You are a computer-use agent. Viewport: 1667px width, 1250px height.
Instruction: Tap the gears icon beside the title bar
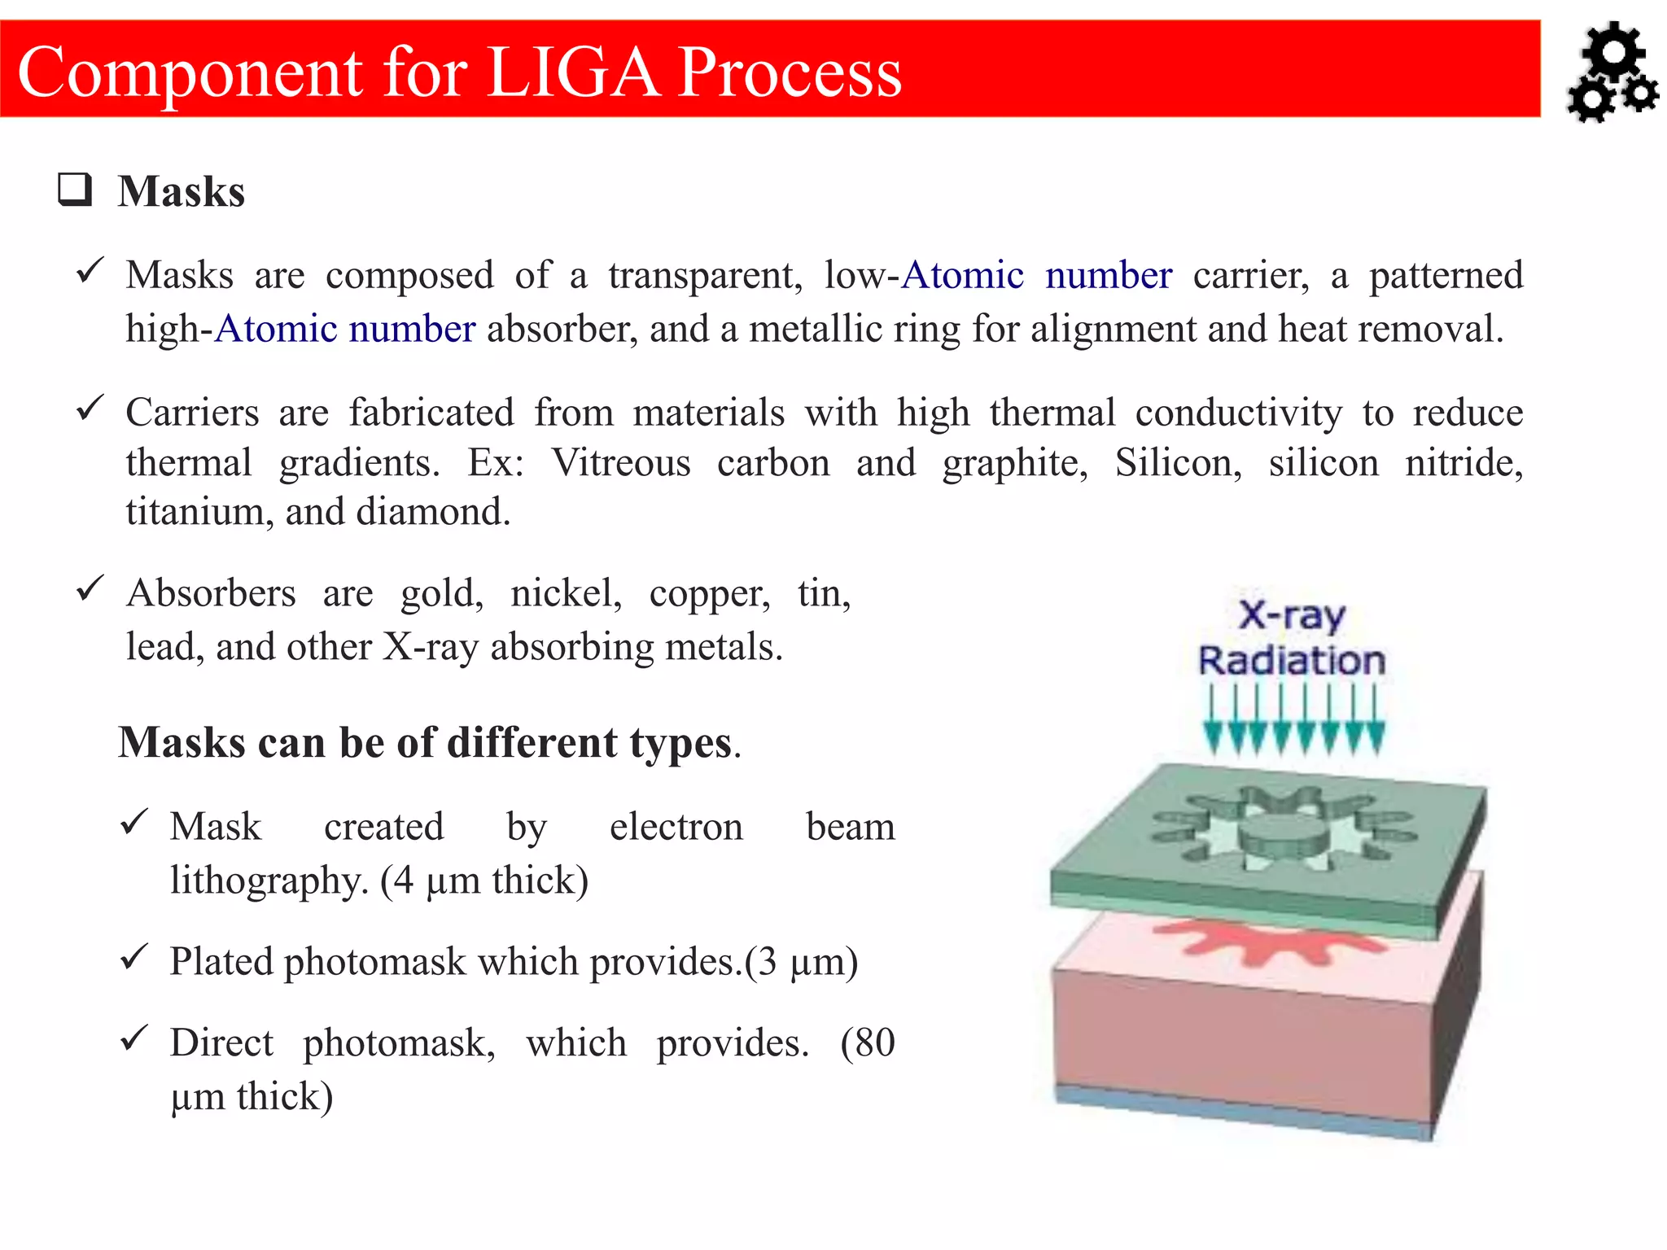click(1612, 73)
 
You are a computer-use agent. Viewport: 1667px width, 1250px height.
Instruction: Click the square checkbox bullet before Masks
click(75, 190)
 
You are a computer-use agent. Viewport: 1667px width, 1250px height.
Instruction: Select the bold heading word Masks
click(181, 192)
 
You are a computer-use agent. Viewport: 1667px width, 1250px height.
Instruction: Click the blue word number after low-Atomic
click(1108, 275)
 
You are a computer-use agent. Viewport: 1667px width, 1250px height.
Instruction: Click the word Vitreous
click(621, 463)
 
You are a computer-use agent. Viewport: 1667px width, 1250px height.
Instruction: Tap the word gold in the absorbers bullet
click(440, 592)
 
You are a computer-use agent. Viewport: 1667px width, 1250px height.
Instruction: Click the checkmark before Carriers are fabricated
click(90, 407)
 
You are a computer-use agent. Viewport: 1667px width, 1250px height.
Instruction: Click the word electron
click(676, 827)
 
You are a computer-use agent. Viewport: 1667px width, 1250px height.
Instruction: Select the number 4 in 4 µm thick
click(403, 881)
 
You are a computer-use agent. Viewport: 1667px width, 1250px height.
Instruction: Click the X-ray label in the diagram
click(1291, 615)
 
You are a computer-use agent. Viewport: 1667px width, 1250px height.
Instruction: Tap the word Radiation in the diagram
click(1291, 660)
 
